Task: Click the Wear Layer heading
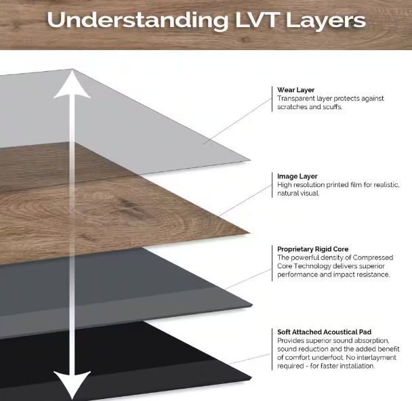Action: [x=296, y=90]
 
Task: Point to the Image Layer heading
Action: [x=297, y=177]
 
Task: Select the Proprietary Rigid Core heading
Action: [x=313, y=249]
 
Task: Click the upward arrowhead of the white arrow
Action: [x=73, y=85]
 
